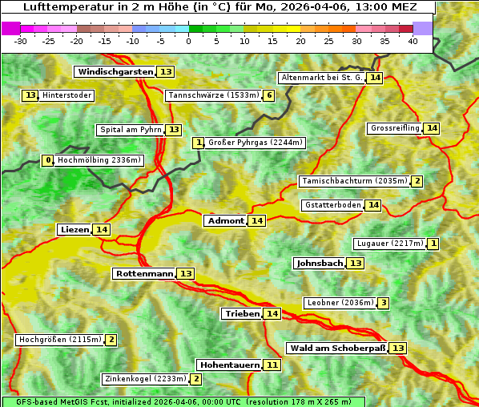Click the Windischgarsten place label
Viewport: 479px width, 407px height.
coord(115,72)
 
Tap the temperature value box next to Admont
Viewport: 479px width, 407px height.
coord(256,221)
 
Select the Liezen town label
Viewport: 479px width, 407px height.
coord(74,230)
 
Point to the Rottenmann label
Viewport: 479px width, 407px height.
coord(144,274)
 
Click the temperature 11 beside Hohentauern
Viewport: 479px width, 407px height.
coord(272,365)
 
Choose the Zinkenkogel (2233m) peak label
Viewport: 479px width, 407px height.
coord(144,379)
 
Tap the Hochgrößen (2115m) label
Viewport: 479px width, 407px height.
coord(60,340)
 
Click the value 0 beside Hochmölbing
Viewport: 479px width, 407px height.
coord(48,160)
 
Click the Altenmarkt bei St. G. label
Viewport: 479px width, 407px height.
coord(321,78)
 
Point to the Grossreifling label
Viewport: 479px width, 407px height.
coord(395,128)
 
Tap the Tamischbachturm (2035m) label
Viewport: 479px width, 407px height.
coord(354,181)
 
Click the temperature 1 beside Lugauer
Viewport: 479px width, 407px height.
coord(433,244)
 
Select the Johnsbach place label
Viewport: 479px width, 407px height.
coord(320,264)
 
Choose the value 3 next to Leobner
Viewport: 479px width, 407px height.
coord(384,303)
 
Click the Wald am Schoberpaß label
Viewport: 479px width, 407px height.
coord(336,349)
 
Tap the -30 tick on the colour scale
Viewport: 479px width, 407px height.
coord(21,41)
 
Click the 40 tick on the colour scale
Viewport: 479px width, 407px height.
coord(413,41)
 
